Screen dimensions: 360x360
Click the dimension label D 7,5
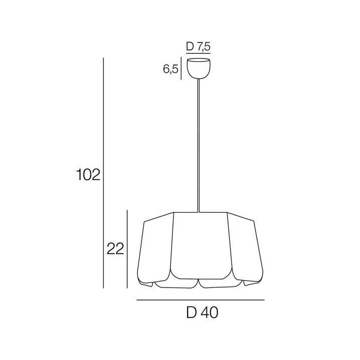198,47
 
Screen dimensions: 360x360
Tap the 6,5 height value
170,69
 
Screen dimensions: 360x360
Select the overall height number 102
89,174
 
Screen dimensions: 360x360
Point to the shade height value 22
115,248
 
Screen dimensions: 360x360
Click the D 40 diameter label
201,313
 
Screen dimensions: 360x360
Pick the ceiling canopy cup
198,68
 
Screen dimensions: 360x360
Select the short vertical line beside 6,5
180,69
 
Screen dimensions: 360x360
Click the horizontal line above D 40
200,299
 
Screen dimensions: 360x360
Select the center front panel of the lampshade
200,245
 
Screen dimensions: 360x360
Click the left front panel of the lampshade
156,247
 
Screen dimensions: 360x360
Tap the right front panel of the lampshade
244,247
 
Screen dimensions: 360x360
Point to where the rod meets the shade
199,212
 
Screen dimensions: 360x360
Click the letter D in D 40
190,313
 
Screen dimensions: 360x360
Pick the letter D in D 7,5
190,47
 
